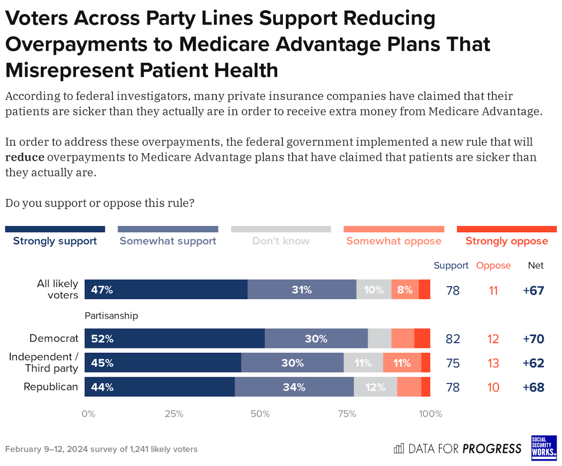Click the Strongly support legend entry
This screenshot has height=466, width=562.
pos(55,240)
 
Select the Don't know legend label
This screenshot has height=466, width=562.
pos(280,240)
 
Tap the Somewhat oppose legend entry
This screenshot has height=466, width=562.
pos(394,240)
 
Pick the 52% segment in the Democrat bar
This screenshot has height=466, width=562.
pos(174,338)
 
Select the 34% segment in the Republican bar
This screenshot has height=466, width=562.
pos(294,387)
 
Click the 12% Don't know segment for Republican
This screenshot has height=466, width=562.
pos(375,387)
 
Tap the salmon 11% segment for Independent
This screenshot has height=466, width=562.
pos(402,363)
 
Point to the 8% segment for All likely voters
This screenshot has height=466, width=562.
pos(405,290)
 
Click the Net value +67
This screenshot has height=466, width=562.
pos(533,290)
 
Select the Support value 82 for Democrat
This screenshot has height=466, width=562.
pos(452,339)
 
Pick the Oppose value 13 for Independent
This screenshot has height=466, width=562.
pos(493,363)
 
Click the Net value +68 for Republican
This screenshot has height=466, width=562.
pos(533,387)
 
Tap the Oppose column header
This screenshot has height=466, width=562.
pos(493,266)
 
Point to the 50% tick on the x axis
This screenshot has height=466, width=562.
pos(260,414)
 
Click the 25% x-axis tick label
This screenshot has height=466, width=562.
pos(174,414)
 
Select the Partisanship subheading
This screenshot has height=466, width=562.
pos(111,316)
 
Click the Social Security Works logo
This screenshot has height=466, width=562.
pos(544,448)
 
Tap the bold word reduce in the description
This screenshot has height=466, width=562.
pos(25,157)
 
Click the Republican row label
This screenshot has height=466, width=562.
pos(51,387)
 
